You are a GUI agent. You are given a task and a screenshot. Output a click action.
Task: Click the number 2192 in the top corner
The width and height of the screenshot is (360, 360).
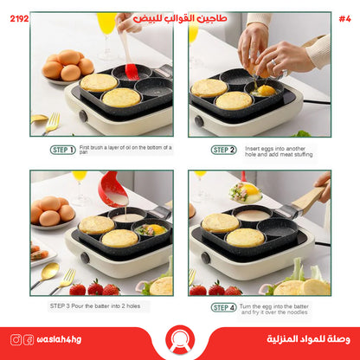(16, 17)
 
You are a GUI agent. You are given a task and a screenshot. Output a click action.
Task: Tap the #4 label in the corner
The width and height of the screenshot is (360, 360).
(344, 17)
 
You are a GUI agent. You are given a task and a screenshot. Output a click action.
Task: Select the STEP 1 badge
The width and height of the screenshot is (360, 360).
(62, 150)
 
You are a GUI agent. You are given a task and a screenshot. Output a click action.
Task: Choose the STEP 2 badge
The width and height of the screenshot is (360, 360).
(223, 150)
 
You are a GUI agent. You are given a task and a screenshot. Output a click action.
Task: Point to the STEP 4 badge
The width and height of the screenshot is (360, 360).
(223, 307)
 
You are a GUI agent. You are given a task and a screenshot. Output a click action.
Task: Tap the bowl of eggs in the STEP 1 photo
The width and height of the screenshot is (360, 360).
(64, 67)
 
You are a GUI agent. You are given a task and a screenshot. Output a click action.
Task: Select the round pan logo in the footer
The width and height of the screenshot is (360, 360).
(180, 340)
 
